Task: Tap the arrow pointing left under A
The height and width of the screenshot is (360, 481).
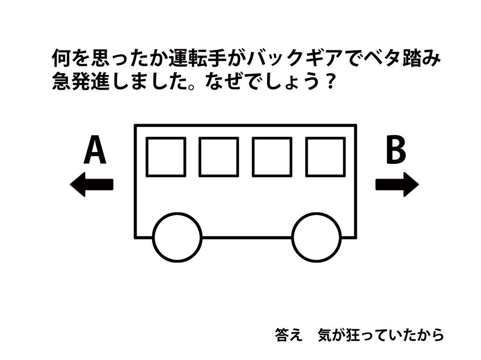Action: (91, 185)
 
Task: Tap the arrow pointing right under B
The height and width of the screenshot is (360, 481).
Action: (397, 185)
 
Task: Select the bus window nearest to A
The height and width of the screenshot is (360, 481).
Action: (166, 157)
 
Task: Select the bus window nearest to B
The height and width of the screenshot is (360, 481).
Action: (325, 157)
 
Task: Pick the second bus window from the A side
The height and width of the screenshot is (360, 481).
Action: (218, 157)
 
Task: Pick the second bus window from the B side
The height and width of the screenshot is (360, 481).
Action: (272, 157)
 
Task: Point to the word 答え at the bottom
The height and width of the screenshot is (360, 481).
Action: (288, 334)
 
